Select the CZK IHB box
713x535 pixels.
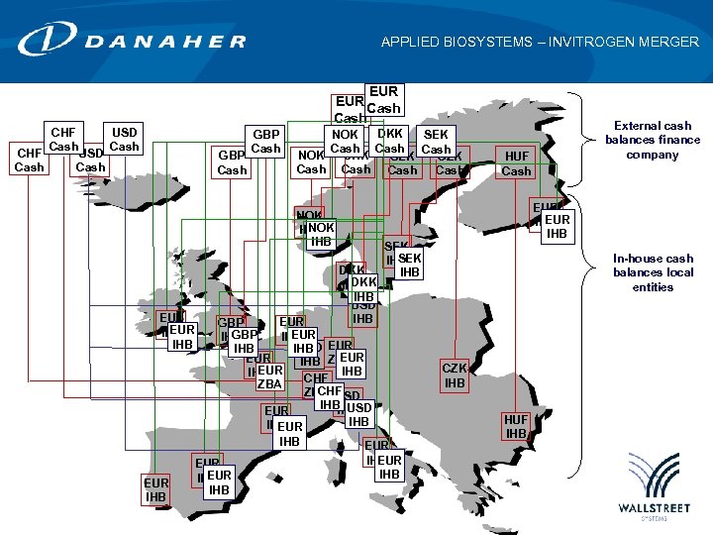pyautogui.click(x=455, y=375)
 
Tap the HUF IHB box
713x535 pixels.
pyautogui.click(x=516, y=427)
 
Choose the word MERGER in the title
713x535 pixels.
pyautogui.click(x=671, y=43)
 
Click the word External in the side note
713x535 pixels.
pyautogui.click(x=639, y=126)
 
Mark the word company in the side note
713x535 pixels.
pyautogui.click(x=653, y=155)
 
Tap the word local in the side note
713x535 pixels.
pyautogui.click(x=679, y=272)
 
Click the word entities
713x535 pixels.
pyautogui.click(x=653, y=287)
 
